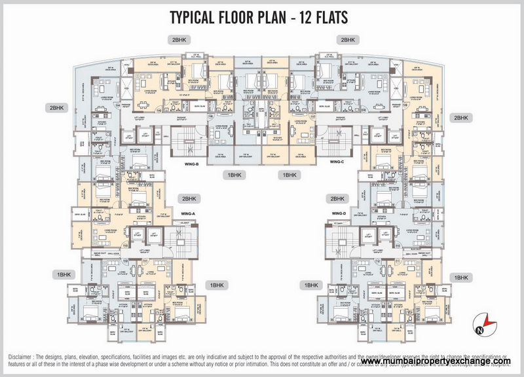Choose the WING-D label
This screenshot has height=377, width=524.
click(x=339, y=213)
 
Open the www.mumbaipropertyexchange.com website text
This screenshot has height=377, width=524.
click(x=435, y=361)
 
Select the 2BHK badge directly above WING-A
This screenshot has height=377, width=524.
click(x=189, y=198)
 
